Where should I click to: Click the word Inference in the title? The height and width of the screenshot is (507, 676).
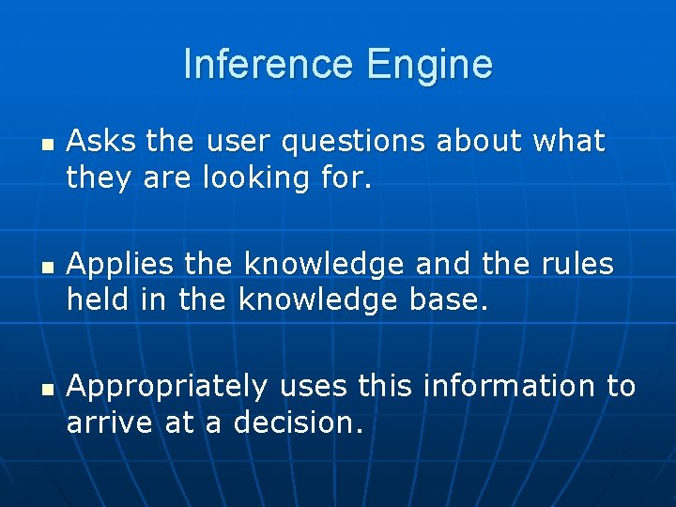(267, 65)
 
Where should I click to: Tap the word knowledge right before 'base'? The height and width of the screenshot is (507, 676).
(319, 300)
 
